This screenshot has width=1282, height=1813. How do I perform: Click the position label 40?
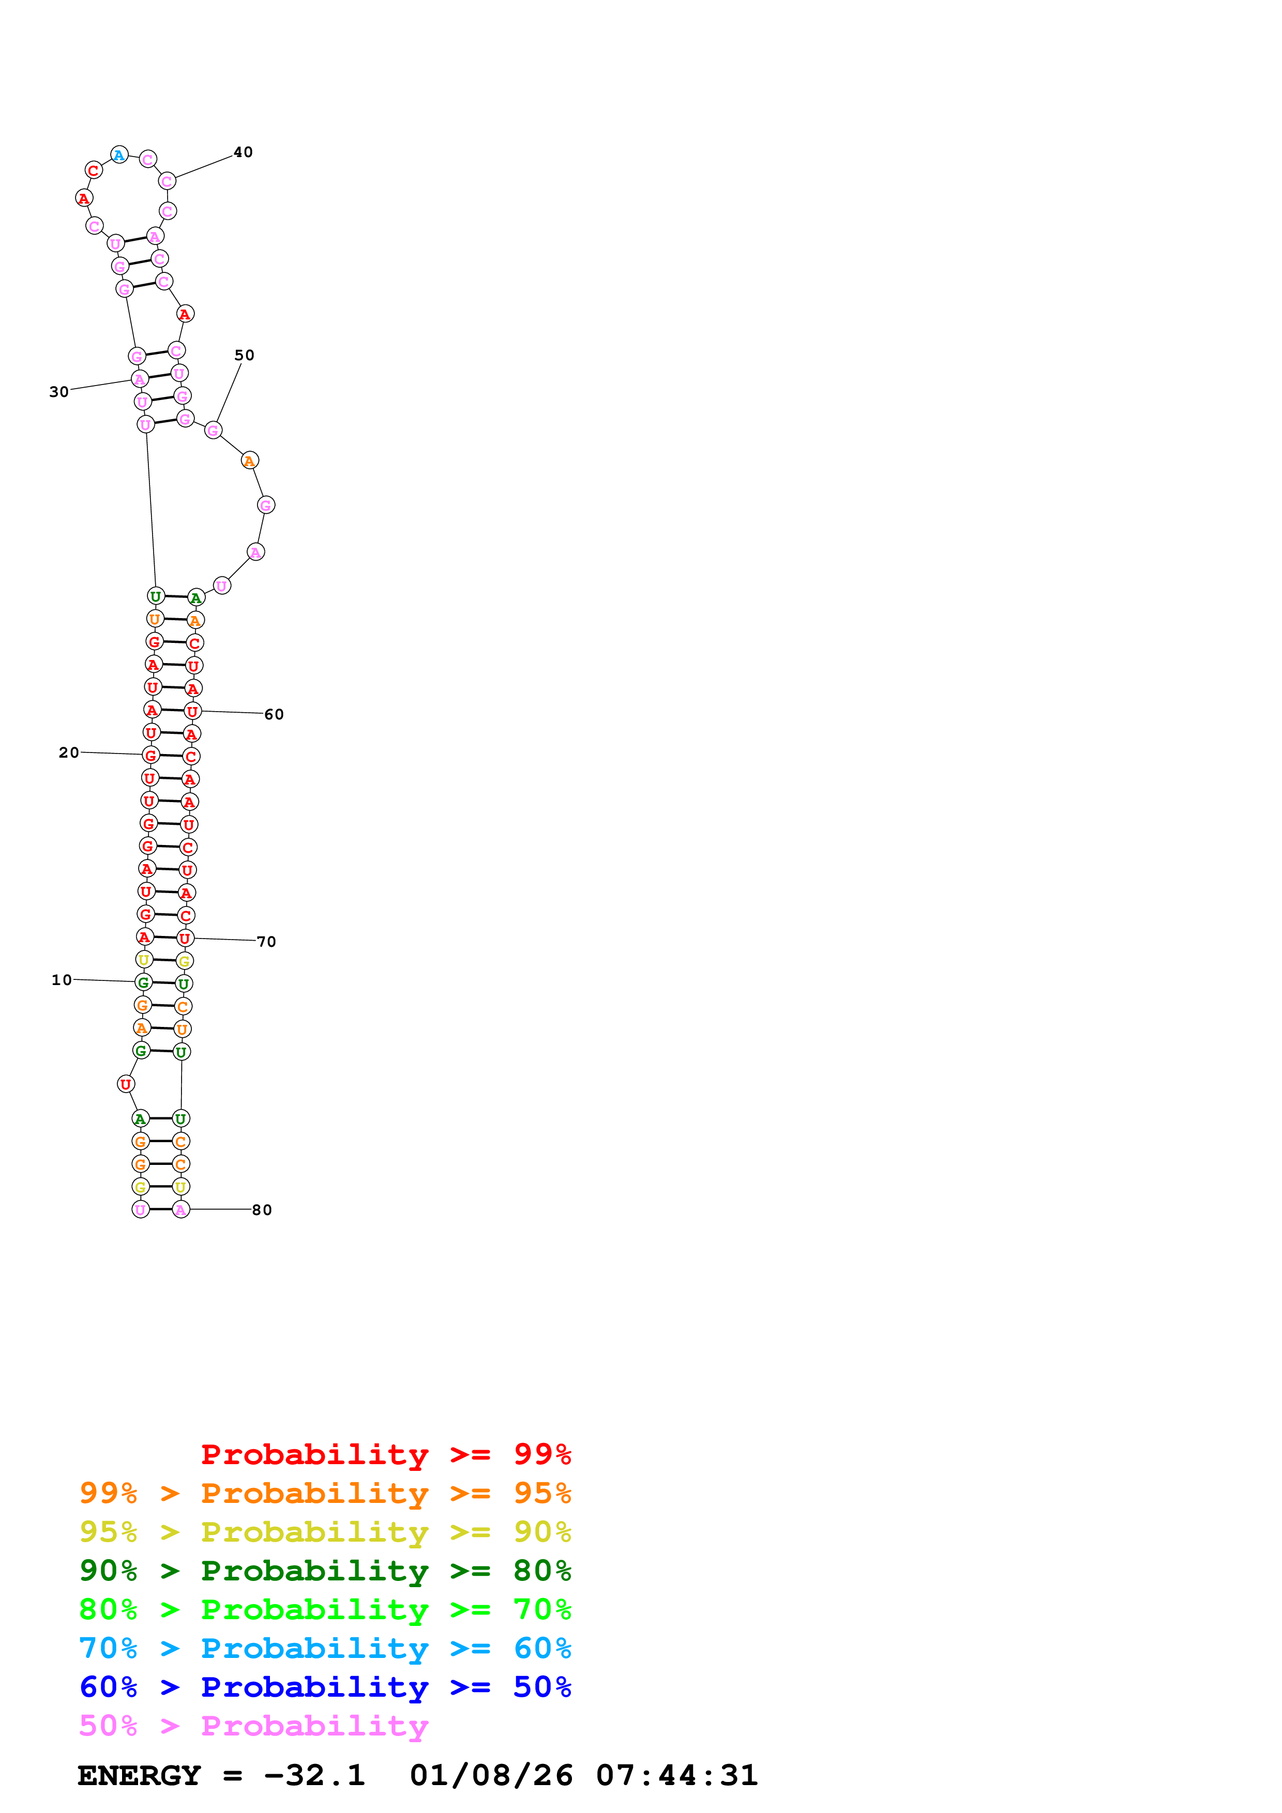243,152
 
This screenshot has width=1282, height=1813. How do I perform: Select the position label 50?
245,356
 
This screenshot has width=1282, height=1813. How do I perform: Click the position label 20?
69,752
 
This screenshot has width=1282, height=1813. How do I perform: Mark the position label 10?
62,980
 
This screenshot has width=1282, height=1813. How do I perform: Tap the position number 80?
262,1210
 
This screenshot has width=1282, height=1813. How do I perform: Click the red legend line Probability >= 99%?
385,1454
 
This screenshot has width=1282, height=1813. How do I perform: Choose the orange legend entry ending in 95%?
325,1493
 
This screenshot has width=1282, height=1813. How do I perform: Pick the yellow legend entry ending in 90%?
325,1532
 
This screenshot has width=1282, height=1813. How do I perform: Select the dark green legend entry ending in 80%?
325,1571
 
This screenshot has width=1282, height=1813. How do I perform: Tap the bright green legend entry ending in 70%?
325,1609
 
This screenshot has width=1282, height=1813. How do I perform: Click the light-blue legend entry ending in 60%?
325,1648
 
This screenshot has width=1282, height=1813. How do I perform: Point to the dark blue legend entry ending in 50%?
325,1687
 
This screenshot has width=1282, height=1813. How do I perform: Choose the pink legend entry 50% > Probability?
253,1725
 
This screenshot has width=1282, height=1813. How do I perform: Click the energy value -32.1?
314,1775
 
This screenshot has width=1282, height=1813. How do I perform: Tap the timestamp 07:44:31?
677,1775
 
